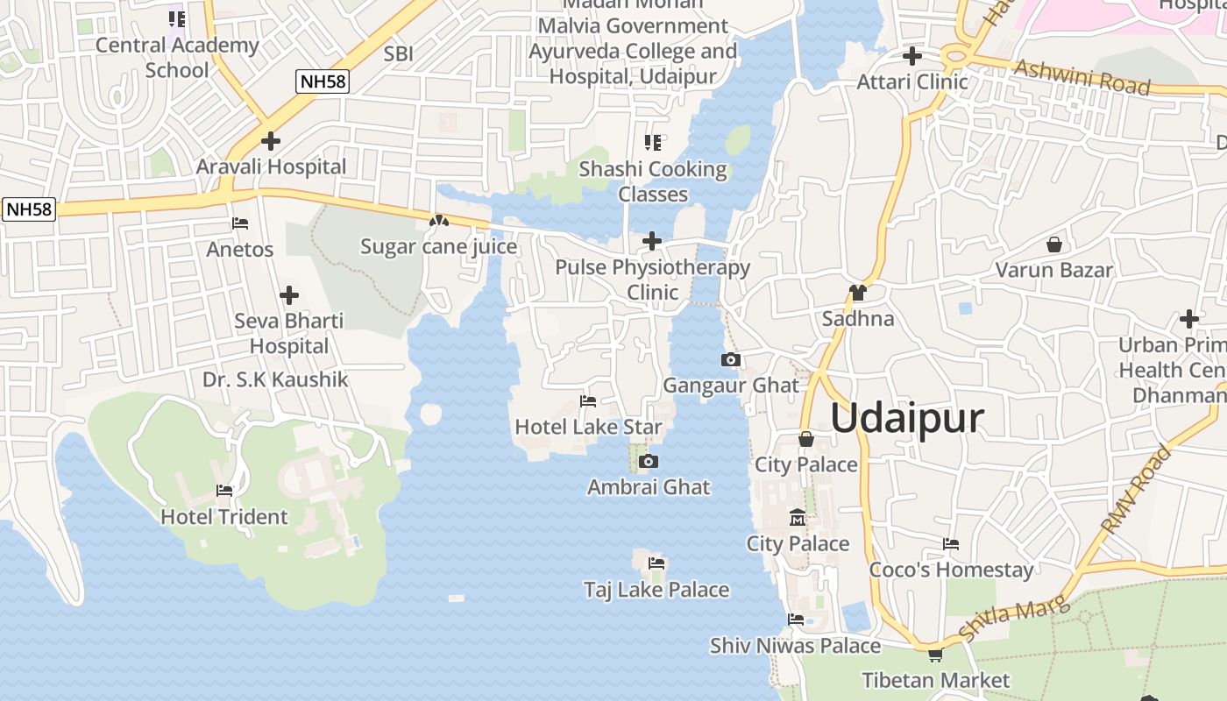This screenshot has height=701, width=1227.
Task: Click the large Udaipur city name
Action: tap(907, 418)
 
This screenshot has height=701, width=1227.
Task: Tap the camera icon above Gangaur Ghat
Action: tap(730, 359)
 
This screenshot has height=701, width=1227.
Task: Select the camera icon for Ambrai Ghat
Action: tap(649, 461)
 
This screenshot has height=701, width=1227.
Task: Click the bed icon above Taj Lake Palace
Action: tap(656, 563)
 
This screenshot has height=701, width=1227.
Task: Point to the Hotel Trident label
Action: tap(224, 517)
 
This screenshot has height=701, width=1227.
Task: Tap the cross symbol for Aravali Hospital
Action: tap(271, 140)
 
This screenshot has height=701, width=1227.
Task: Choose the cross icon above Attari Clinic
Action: tap(912, 56)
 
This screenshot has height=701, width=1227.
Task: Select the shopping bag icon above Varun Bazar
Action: tap(1054, 244)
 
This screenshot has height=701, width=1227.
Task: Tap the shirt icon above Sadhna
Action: tap(857, 293)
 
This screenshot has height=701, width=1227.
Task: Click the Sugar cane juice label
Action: tap(439, 247)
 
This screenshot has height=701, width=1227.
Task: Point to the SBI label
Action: tap(398, 54)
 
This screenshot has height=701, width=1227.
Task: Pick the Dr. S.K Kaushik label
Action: tap(275, 379)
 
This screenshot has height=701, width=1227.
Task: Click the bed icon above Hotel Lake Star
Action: tap(588, 401)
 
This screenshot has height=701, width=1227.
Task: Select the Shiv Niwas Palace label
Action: tap(795, 646)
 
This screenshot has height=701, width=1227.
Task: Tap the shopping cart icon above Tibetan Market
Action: tap(935, 655)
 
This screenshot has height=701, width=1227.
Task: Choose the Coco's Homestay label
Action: tap(951, 570)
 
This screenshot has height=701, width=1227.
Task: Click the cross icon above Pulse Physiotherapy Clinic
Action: tap(652, 240)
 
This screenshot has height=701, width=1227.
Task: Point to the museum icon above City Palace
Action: tap(798, 518)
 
